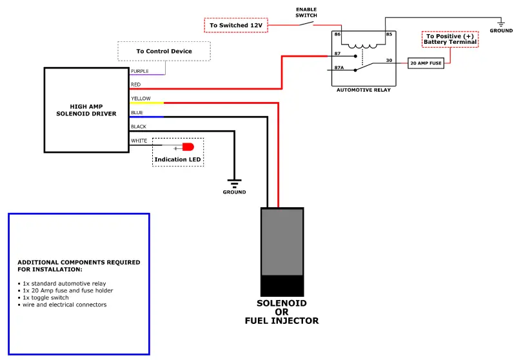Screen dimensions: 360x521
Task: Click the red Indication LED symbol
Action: pos(187,146)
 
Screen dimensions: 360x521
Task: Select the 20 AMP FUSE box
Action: pos(426,63)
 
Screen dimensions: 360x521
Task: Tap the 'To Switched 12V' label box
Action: pos(235,25)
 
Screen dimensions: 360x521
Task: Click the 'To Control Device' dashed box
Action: pos(164,51)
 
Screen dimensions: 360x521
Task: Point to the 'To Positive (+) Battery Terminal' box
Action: pos(450,39)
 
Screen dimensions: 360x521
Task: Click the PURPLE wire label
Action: pos(140,71)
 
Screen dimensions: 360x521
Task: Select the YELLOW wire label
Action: pos(141,99)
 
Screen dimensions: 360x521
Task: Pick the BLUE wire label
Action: pos(137,113)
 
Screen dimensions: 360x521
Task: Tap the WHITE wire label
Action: pos(139,141)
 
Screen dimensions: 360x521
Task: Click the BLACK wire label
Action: pos(139,126)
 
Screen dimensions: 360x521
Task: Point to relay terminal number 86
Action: pos(337,34)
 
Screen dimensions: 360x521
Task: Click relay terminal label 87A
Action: pos(339,67)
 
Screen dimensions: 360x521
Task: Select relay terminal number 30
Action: pos(388,60)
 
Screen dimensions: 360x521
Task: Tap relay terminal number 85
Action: pos(389,34)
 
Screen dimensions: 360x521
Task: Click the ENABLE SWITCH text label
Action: pos(306,12)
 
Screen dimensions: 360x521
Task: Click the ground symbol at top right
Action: pos(501,24)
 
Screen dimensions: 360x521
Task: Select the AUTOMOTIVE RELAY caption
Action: pos(364,90)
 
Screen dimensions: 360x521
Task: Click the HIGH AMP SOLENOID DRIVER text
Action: pos(86,110)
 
